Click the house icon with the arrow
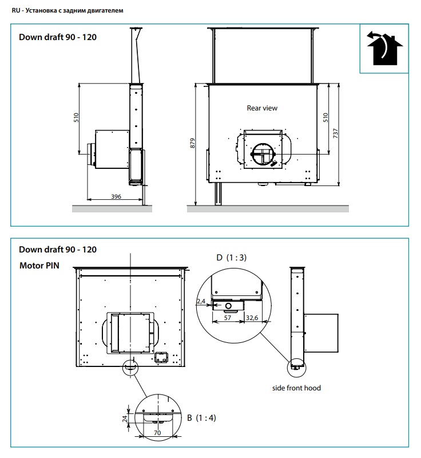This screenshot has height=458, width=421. pos(384,49)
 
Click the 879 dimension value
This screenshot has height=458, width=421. pos(193,143)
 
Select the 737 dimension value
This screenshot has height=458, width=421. pos(336,133)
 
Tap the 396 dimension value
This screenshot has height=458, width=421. pos(116,196)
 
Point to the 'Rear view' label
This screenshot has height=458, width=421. pos(262,108)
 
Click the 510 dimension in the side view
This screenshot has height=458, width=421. pos(76,117)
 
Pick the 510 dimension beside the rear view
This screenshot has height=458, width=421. pos(325,117)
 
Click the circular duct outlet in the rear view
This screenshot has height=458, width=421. pos(263,154)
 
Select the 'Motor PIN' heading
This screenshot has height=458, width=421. pos(39,266)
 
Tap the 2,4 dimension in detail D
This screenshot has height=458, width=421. pos(201,301)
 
